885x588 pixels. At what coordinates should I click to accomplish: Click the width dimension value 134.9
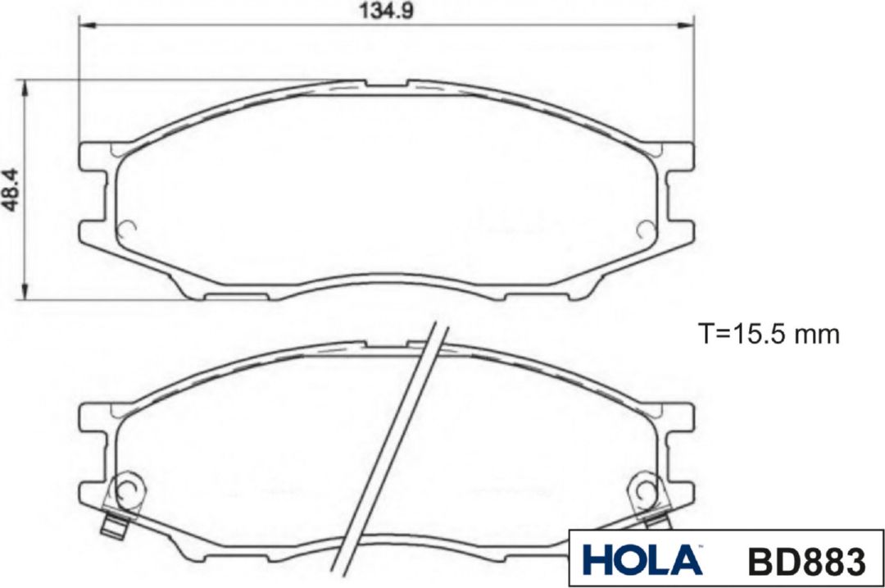pyautogui.click(x=386, y=11)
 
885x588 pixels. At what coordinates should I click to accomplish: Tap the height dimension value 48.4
pyautogui.click(x=11, y=190)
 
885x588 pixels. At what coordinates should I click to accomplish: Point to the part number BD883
pyautogui.click(x=806, y=562)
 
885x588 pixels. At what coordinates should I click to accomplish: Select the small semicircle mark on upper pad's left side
pyautogui.click(x=127, y=230)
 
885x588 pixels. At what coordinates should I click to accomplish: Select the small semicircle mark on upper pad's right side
pyautogui.click(x=645, y=230)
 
